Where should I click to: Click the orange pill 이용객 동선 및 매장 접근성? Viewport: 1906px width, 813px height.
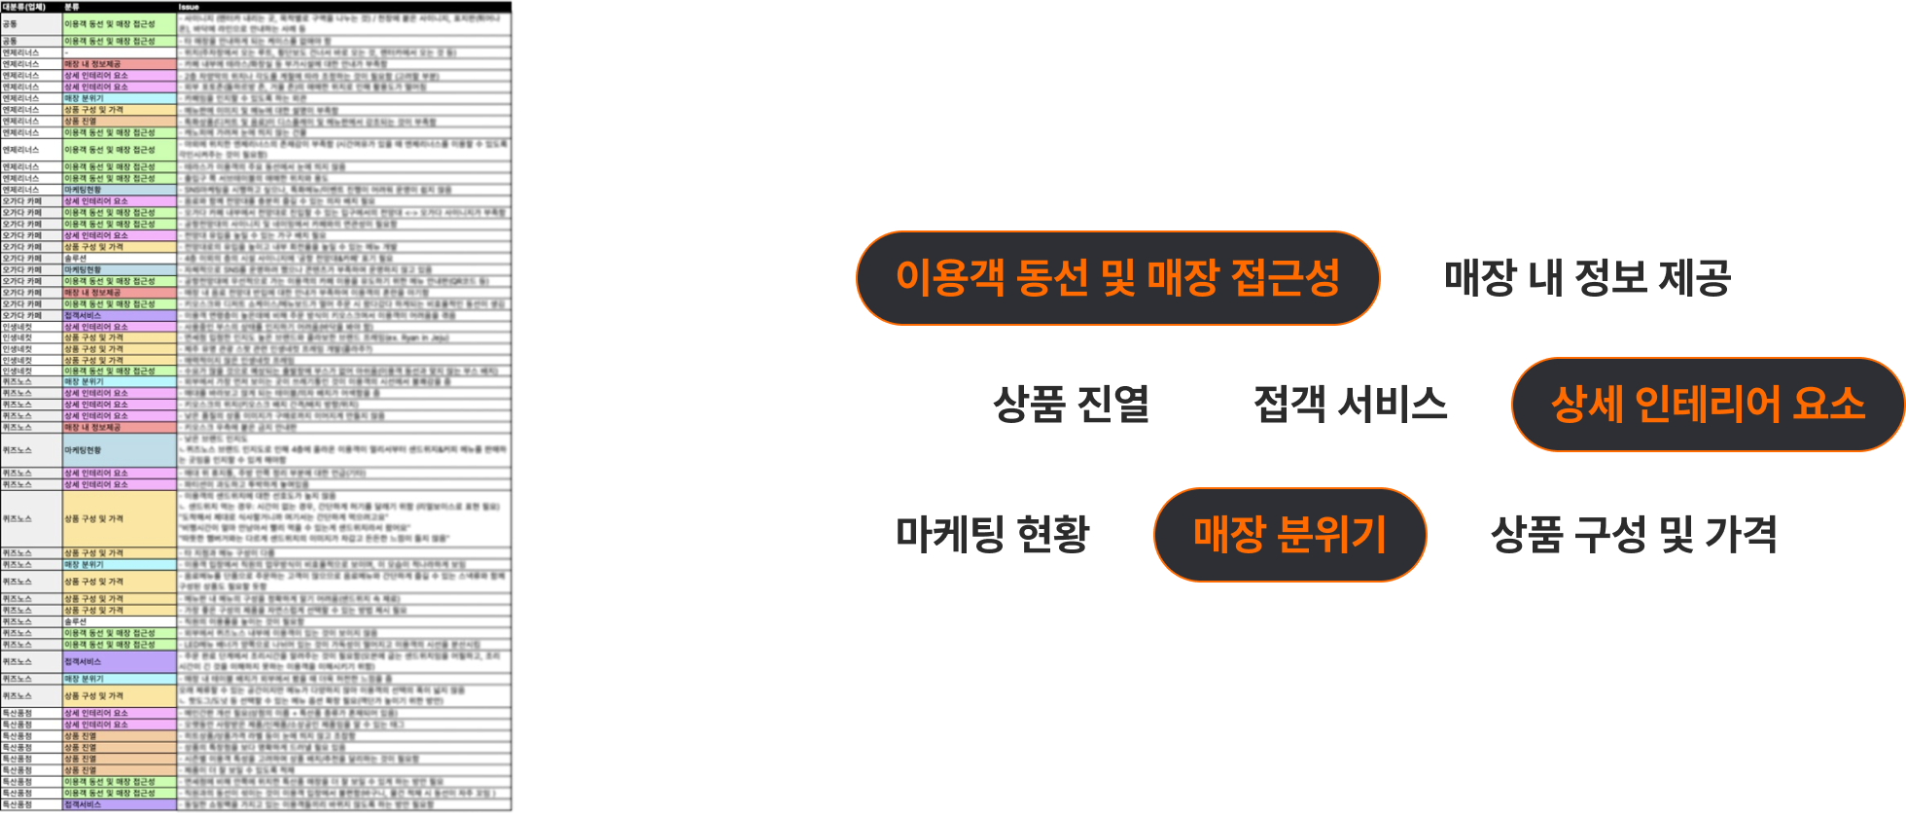click(x=1117, y=278)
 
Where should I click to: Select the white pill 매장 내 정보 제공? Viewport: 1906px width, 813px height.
click(x=1587, y=278)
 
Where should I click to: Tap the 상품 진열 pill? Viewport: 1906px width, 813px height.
click(x=1071, y=405)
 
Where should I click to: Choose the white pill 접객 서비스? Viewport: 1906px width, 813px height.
click(x=1350, y=405)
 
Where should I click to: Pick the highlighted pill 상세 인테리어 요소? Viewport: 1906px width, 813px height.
click(x=1708, y=405)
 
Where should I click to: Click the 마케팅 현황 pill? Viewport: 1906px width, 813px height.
click(x=992, y=535)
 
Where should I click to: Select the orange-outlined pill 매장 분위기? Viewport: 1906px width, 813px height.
click(x=1289, y=535)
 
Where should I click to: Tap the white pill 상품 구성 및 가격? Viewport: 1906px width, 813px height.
click(x=1634, y=535)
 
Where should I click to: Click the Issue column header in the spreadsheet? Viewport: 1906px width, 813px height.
click(x=189, y=7)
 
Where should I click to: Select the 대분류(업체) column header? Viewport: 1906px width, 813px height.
click(x=23, y=7)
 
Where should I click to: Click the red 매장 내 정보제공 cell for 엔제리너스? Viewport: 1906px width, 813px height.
click(x=119, y=64)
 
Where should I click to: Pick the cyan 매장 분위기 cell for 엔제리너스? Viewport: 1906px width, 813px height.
click(x=119, y=98)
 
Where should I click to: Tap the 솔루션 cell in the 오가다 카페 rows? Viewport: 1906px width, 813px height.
click(x=119, y=259)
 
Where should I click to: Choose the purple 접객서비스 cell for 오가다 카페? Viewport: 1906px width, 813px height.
click(x=119, y=315)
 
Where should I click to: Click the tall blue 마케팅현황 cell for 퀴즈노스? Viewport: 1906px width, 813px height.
click(x=119, y=450)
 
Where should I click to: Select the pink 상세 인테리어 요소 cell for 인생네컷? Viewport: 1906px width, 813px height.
click(x=119, y=327)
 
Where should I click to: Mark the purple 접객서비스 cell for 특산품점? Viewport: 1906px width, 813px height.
click(x=119, y=805)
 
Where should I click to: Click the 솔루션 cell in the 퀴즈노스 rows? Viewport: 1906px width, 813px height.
click(x=119, y=621)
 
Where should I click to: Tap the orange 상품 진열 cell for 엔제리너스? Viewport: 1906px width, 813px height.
click(x=119, y=122)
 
